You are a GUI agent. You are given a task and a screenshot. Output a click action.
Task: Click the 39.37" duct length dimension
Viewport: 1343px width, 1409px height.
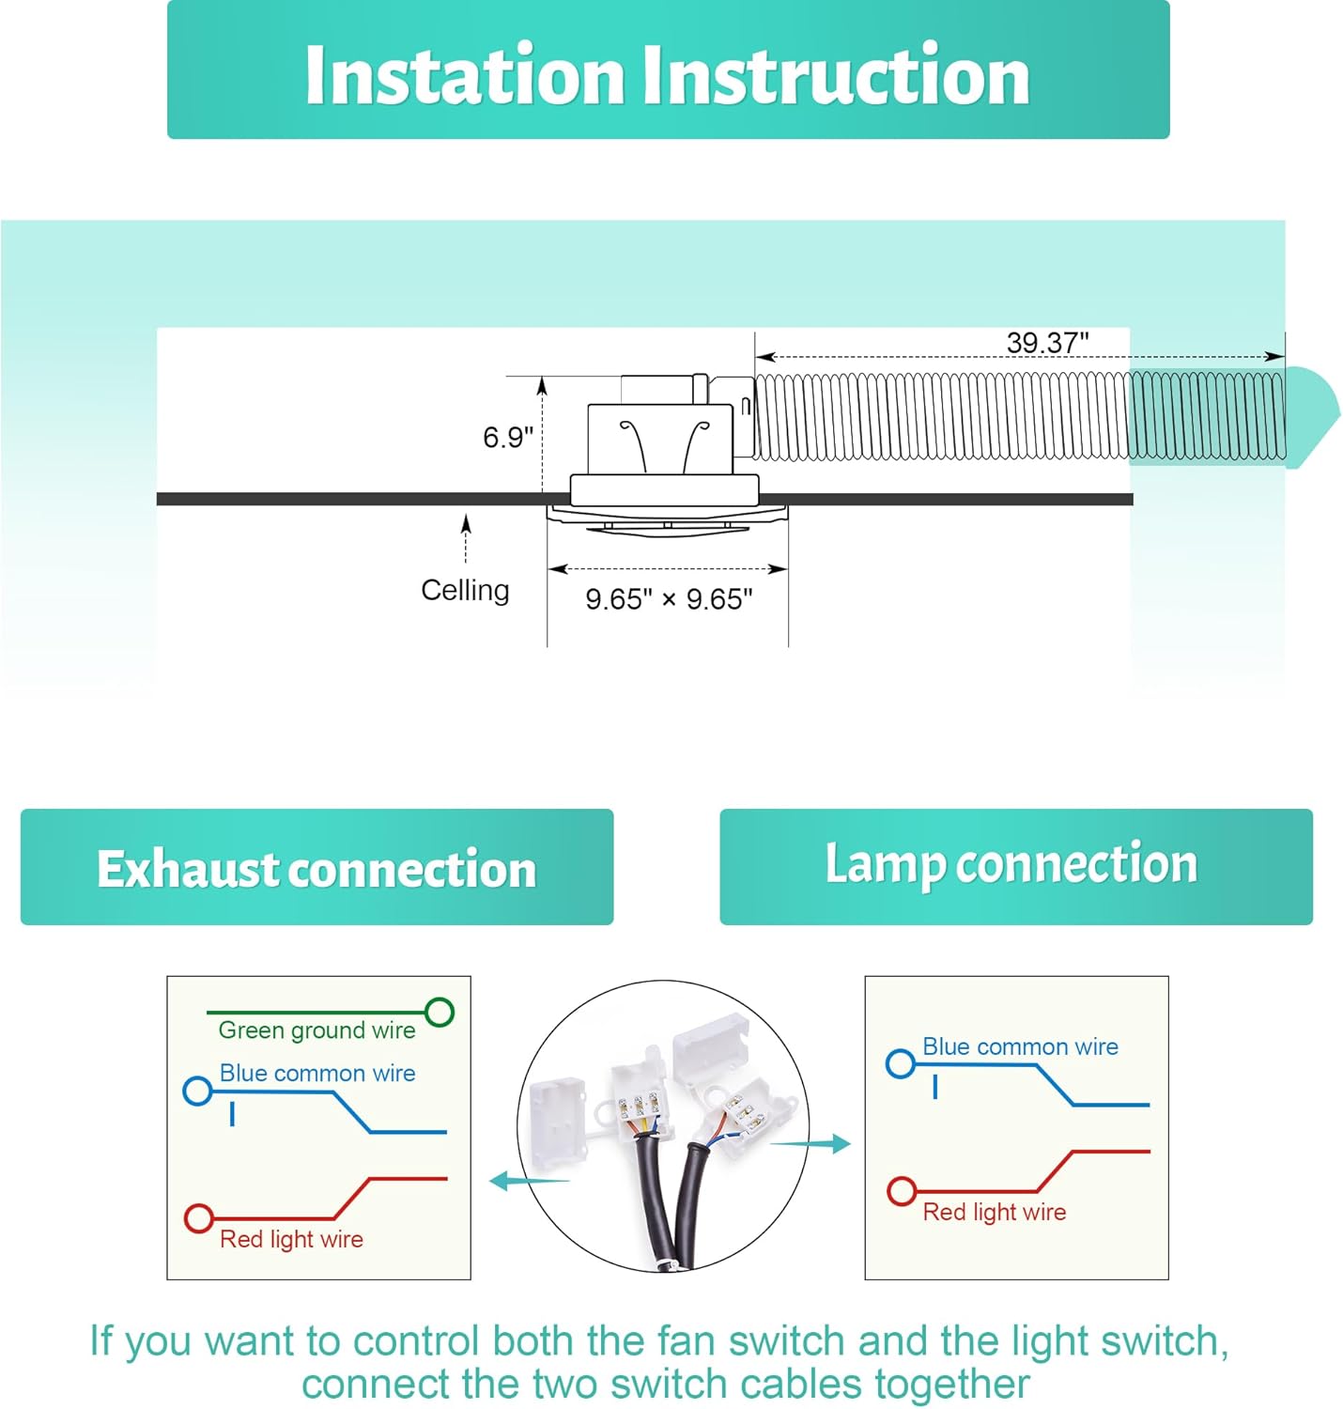point(1047,343)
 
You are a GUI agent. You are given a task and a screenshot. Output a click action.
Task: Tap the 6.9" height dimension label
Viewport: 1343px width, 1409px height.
point(508,437)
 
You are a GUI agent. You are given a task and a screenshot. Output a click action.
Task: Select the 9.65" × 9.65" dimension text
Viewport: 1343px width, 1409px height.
point(669,598)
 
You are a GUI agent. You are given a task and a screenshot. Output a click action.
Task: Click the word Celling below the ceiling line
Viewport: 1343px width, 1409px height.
point(465,590)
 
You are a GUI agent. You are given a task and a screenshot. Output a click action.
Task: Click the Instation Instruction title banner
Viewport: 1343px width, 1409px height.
point(668,73)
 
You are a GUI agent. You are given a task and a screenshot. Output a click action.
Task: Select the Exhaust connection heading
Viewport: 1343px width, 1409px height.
point(316,868)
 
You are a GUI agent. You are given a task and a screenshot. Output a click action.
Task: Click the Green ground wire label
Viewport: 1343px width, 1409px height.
point(316,1030)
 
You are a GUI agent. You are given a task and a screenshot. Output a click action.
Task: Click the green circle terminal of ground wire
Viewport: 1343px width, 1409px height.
point(440,1012)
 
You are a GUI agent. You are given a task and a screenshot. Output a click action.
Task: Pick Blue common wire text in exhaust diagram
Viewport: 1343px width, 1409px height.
point(317,1073)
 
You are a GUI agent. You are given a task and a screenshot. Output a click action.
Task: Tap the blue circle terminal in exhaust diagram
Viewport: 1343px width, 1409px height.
point(197,1091)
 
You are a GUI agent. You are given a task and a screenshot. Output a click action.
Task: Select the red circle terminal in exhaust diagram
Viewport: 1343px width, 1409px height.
point(199,1218)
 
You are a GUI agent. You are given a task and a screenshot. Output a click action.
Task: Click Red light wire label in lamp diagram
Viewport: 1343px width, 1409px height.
point(995,1212)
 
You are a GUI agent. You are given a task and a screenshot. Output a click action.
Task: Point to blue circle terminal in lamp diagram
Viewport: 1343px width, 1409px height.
point(901,1063)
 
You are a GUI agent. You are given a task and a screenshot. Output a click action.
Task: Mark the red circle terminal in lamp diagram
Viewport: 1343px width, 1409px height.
point(902,1191)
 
